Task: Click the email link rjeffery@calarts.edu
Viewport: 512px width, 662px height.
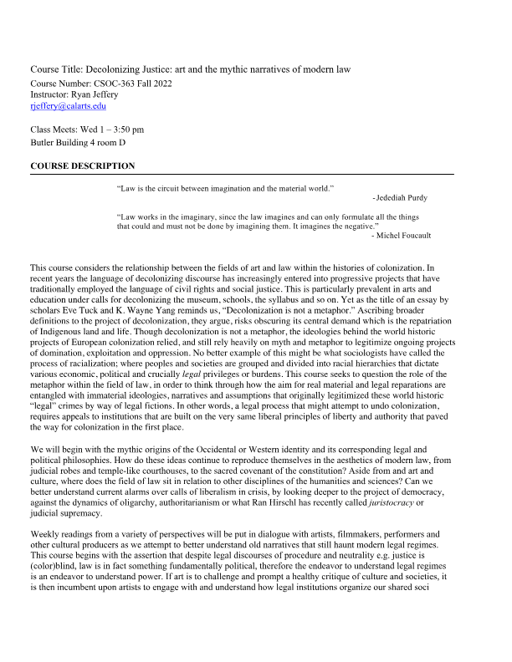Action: pyautogui.click(x=68, y=106)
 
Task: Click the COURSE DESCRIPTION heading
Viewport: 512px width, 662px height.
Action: pyautogui.click(x=82, y=166)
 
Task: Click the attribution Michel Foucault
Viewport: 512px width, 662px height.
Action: pyautogui.click(x=404, y=236)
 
